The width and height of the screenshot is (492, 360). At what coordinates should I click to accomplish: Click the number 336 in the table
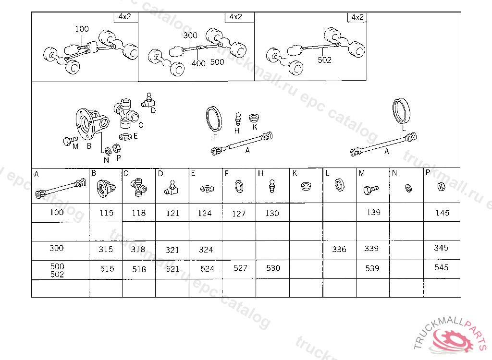[x=339, y=249]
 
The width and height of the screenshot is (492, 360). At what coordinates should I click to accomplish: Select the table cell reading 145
[x=442, y=213]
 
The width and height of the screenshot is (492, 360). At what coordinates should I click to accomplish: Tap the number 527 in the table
[x=240, y=268]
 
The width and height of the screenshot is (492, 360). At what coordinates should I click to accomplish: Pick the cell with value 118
[x=139, y=213]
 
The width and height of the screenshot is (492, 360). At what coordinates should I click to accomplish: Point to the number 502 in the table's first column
[x=57, y=275]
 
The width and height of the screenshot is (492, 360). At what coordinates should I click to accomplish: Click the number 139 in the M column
[x=373, y=212]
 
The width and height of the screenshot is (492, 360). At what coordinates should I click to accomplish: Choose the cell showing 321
[x=172, y=250]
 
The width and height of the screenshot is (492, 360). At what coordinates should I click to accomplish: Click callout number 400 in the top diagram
[x=198, y=63]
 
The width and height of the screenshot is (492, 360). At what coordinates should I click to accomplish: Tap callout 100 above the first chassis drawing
[x=82, y=29]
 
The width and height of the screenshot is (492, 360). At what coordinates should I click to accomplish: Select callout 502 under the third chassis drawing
[x=324, y=60]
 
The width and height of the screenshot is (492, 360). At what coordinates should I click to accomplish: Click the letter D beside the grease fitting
[x=153, y=110]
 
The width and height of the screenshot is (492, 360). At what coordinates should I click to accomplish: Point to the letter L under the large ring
[x=404, y=128]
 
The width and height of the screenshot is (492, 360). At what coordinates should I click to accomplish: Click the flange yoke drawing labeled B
[x=92, y=123]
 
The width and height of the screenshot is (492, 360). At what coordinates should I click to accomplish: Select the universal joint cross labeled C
[x=126, y=114]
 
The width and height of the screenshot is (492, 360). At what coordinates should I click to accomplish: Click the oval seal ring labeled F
[x=214, y=119]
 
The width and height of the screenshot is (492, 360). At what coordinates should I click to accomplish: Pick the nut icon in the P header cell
[x=441, y=187]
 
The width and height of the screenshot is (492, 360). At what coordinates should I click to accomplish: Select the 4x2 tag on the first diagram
[x=125, y=17]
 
